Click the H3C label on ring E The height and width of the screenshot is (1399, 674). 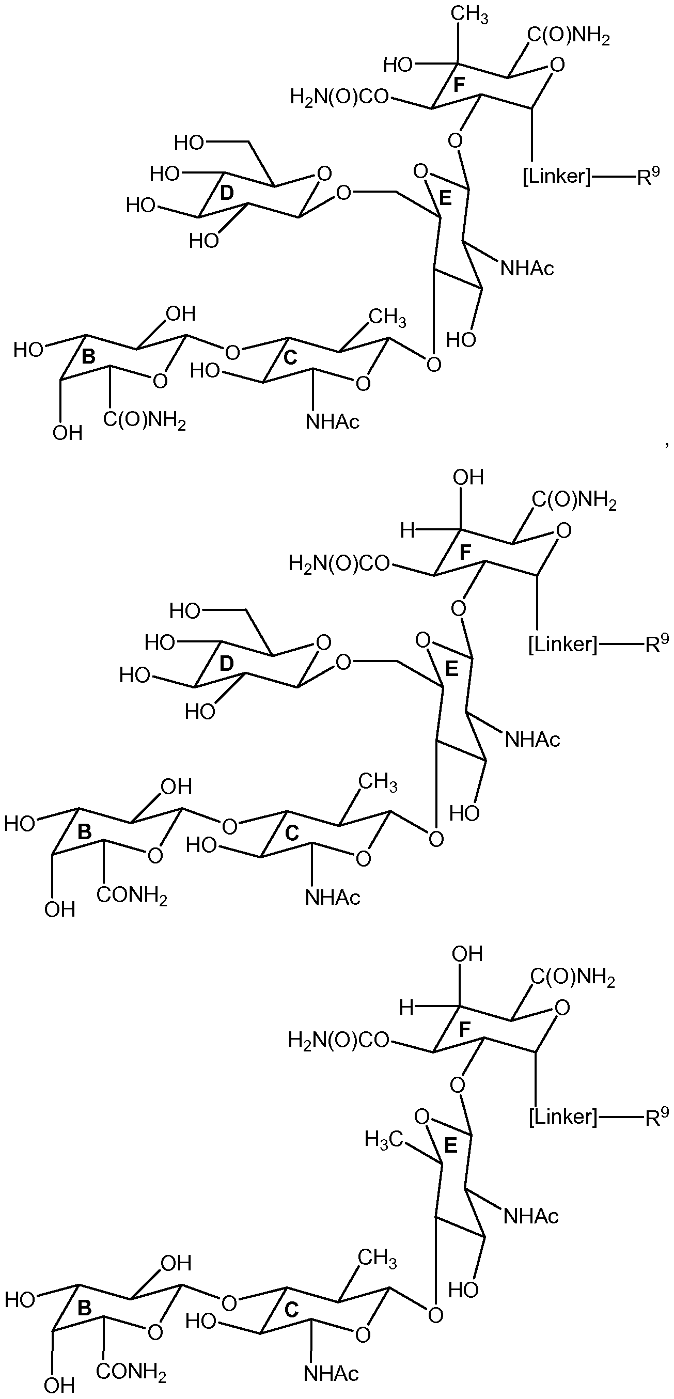point(384,1139)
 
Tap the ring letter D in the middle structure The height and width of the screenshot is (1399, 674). point(228,663)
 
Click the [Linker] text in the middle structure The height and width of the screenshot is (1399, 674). point(562,644)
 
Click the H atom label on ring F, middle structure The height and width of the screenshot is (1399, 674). point(407,530)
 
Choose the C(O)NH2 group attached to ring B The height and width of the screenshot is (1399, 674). point(145,421)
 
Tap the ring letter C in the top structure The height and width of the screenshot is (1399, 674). point(291,357)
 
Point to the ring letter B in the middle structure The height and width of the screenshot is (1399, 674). point(85,832)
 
